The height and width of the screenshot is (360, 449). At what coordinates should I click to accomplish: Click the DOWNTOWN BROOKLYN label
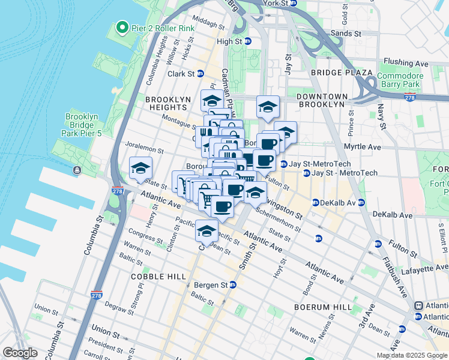322,100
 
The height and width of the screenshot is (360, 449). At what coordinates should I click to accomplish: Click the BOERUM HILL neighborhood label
323,307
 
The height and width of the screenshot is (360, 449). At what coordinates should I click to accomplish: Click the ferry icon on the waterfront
77,170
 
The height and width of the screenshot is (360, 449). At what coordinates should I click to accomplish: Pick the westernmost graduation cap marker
140,167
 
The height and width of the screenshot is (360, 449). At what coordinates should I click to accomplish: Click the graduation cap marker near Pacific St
206,231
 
